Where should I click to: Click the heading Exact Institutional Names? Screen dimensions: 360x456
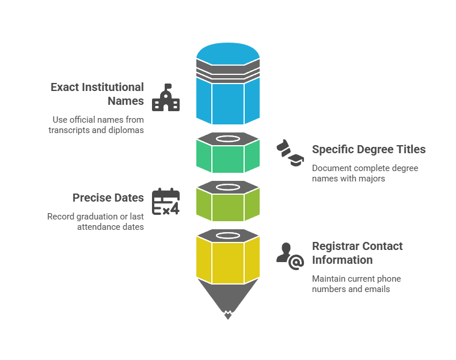[x=97, y=94]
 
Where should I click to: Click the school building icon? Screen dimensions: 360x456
[x=166, y=98]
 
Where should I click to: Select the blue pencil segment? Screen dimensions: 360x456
[x=228, y=101]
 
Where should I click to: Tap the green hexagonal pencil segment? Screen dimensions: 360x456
[x=228, y=158]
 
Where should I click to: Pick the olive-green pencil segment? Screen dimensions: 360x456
[x=228, y=206]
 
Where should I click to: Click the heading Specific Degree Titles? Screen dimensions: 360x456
[x=368, y=149]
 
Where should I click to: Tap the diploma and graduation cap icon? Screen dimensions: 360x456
[x=289, y=154]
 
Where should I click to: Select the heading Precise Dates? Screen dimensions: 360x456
[x=108, y=198]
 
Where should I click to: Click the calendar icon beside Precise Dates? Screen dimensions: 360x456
[x=166, y=202]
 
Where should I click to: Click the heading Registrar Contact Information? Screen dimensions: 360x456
[x=357, y=253]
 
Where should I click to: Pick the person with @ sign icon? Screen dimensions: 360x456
[x=290, y=256]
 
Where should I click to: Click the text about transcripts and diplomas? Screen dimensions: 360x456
[x=96, y=125]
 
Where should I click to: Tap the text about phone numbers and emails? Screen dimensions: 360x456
[x=356, y=284]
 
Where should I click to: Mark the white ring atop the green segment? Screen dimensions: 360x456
[x=228, y=139]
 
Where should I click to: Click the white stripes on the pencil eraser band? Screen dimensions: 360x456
[x=228, y=73]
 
